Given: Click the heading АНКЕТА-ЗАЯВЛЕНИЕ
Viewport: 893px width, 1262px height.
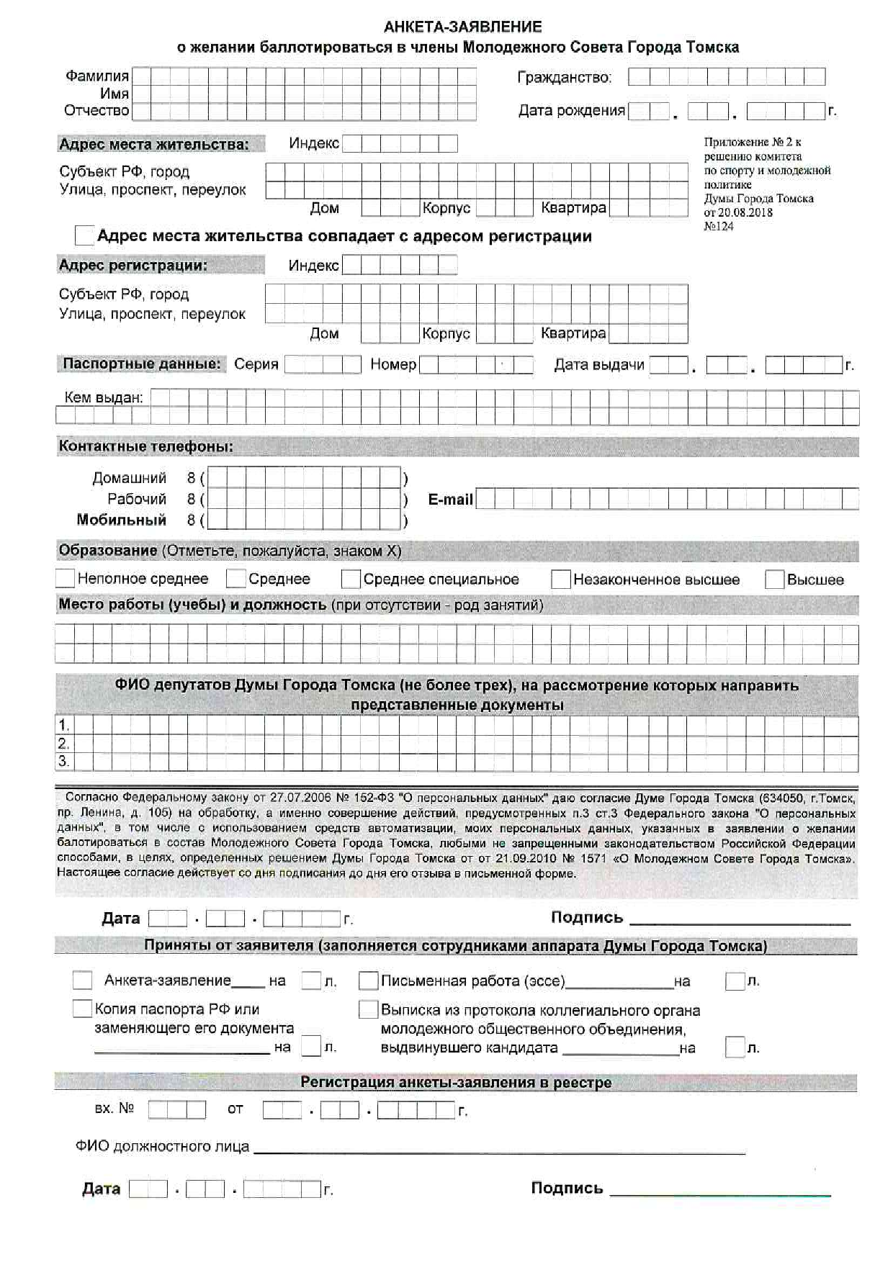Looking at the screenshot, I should click(462, 27).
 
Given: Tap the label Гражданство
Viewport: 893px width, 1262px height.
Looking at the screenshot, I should click(564, 78).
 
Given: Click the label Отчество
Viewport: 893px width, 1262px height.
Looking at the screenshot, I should click(97, 111).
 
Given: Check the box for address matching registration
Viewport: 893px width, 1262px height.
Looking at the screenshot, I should click(84, 235).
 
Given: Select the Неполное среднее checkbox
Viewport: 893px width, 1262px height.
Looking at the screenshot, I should click(65, 578).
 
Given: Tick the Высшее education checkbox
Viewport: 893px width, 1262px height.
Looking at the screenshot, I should click(774, 580).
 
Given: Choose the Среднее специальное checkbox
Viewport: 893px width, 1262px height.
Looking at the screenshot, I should click(351, 579).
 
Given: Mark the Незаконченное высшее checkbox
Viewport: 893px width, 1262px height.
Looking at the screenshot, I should click(560, 580).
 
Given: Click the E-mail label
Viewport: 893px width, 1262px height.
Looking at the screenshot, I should click(450, 500).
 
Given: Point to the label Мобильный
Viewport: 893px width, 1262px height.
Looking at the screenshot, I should click(121, 520).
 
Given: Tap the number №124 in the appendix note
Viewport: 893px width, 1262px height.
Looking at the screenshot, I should click(718, 226).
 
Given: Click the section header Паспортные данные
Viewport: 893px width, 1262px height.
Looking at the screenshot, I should click(141, 364).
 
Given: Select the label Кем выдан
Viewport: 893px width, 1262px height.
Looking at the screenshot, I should click(104, 397).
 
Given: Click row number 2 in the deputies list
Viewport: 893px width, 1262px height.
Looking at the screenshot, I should click(64, 744).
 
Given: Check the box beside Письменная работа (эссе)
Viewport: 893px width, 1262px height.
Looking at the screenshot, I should click(368, 981).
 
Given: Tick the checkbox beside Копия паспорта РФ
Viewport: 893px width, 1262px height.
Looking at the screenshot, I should click(82, 1009).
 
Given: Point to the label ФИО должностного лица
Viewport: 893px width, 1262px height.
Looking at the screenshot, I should click(162, 1146).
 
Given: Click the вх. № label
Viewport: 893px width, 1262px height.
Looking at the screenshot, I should click(114, 1109).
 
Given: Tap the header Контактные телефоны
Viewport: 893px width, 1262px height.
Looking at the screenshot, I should click(145, 446).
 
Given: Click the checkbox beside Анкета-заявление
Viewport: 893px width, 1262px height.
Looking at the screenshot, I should click(82, 981).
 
